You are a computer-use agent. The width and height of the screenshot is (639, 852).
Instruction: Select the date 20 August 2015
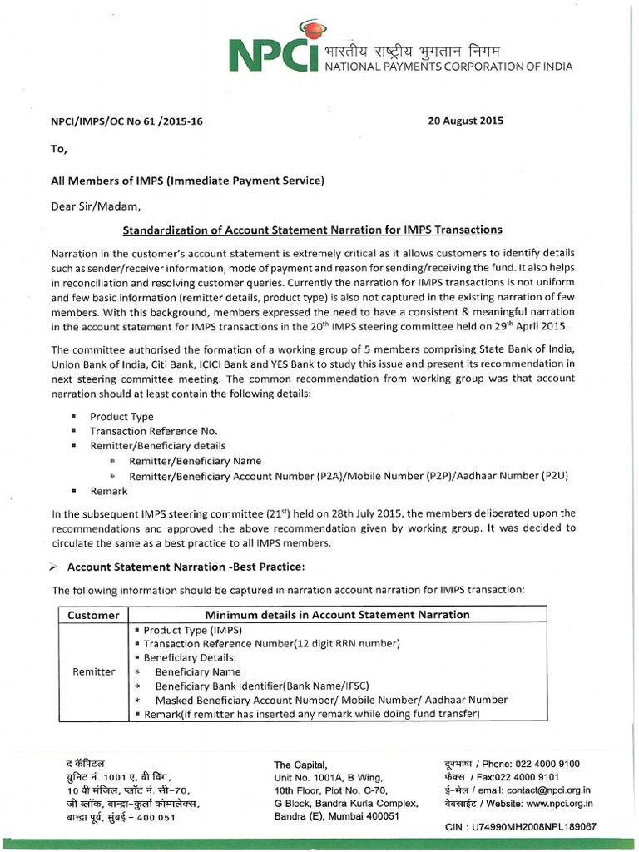[465, 121]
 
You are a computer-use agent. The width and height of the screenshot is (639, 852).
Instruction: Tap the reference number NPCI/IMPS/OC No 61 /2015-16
[127, 121]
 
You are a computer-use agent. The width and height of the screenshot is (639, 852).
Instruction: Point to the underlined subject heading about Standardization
[313, 230]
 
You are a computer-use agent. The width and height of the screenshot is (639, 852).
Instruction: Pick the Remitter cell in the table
[94, 671]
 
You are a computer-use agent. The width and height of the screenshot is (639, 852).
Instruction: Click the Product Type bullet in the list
[121, 416]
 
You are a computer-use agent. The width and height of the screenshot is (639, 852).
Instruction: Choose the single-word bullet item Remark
[109, 491]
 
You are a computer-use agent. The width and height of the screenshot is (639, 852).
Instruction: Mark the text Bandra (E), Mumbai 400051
[337, 816]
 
